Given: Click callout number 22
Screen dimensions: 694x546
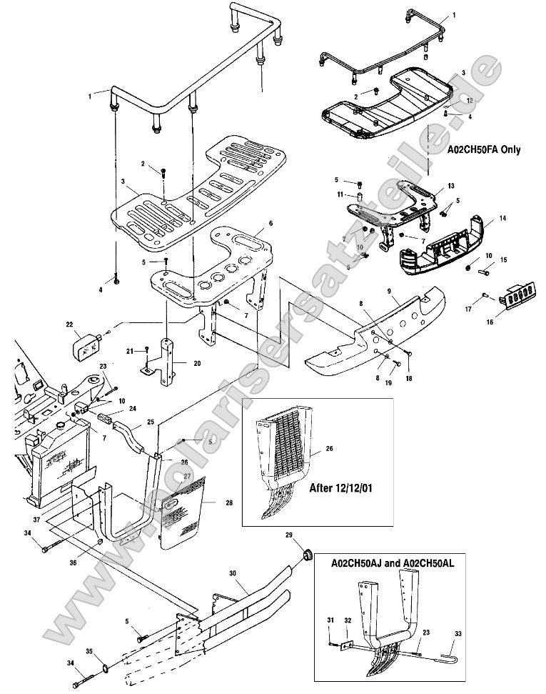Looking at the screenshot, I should [x=70, y=325].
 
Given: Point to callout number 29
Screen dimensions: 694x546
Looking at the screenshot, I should [x=308, y=535].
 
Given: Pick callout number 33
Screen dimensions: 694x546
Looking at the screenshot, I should [x=457, y=633].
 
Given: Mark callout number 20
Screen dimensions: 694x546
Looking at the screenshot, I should [x=197, y=363].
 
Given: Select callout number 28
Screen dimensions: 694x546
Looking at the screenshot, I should [x=228, y=503].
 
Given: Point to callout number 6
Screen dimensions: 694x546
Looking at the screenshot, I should [x=271, y=224].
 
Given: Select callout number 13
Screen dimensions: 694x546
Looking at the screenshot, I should [x=450, y=186].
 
